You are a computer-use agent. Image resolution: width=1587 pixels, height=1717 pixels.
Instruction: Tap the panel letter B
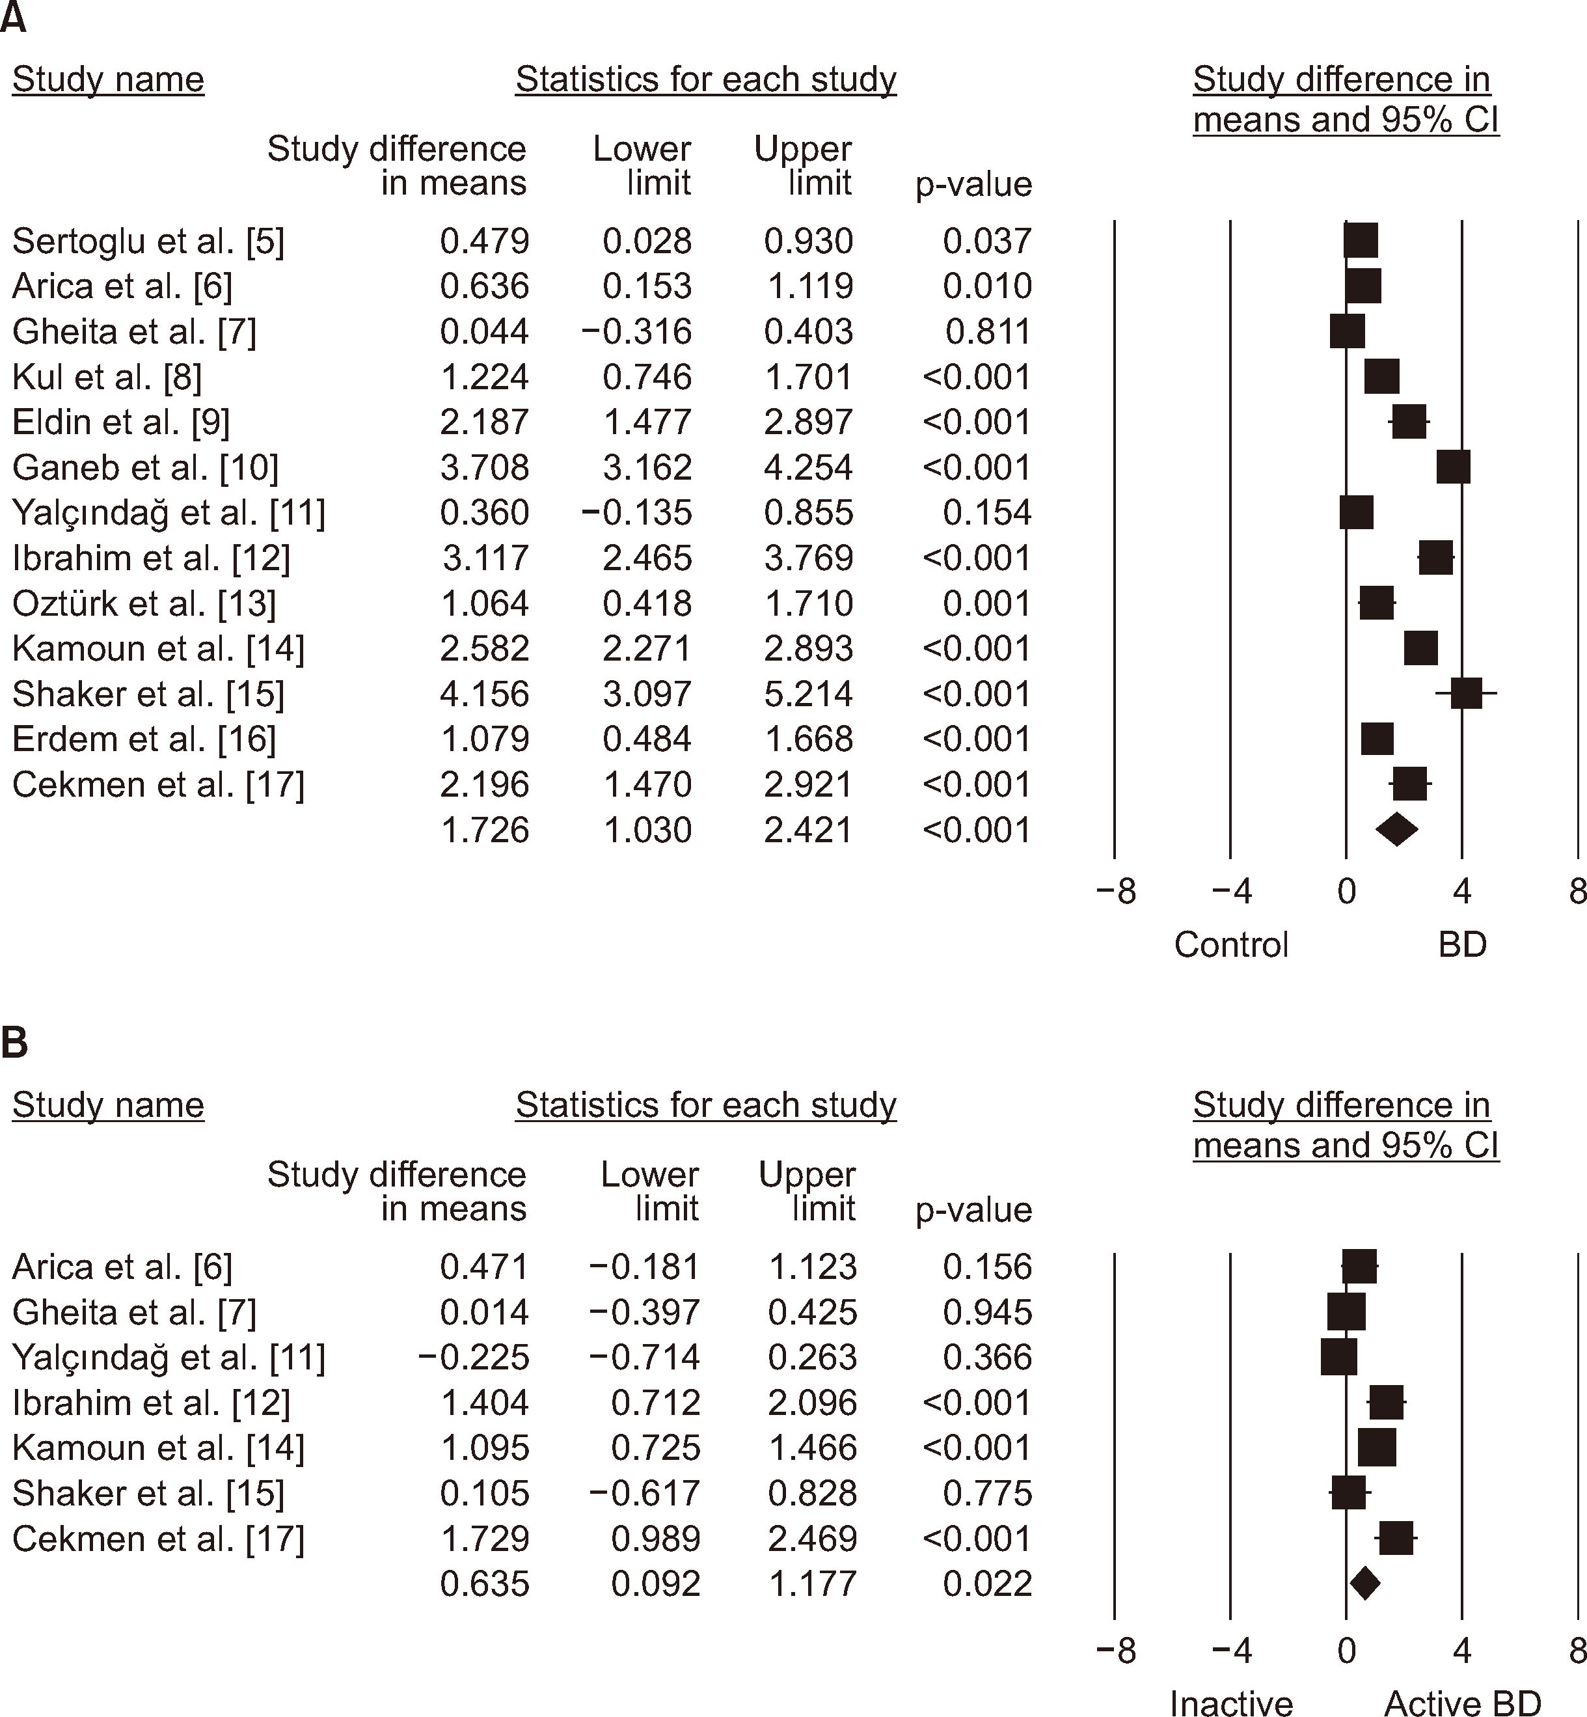click(x=14, y=1043)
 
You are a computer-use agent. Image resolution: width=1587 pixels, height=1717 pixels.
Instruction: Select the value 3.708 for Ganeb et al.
click(x=484, y=468)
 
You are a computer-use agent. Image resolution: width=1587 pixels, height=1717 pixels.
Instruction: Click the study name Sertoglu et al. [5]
click(x=148, y=241)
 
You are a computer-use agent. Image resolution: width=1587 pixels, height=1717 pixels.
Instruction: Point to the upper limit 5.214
click(x=808, y=694)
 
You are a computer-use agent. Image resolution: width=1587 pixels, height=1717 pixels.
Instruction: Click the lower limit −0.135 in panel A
click(x=636, y=513)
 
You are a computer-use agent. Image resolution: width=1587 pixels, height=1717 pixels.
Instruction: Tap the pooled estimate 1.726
click(x=484, y=831)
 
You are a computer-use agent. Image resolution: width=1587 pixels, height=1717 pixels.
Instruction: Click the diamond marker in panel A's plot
click(x=1396, y=830)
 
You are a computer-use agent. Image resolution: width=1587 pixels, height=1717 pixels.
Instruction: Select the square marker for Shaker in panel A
click(x=1466, y=693)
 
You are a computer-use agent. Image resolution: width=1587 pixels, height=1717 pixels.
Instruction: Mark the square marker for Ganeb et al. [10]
click(x=1453, y=467)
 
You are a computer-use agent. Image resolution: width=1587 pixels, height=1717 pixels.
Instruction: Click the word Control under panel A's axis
click(x=1230, y=945)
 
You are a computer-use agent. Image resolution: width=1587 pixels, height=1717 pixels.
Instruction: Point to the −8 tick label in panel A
click(x=1115, y=892)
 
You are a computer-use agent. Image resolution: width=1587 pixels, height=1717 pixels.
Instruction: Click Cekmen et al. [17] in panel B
click(x=158, y=1539)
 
